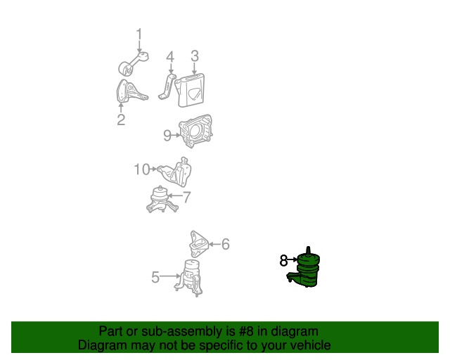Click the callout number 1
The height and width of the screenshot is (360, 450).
(139, 34)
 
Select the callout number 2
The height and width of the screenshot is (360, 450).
(121, 120)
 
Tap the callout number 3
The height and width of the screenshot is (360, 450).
(195, 56)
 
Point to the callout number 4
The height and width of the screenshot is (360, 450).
(170, 57)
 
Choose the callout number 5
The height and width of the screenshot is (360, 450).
(155, 277)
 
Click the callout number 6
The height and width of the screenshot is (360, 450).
(226, 244)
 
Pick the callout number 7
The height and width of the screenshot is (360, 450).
(186, 197)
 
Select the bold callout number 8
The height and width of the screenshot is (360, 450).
(283, 260)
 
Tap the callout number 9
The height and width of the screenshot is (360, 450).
(167, 135)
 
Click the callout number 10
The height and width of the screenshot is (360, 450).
(142, 169)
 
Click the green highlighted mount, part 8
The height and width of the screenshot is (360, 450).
(305, 269)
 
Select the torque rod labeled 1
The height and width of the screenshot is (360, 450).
(134, 64)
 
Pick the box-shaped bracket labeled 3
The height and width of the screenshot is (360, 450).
(190, 90)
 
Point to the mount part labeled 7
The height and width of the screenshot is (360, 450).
(162, 200)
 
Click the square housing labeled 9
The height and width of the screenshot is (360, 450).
(195, 131)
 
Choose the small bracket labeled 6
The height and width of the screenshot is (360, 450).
(198, 244)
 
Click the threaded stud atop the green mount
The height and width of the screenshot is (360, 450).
(308, 250)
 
